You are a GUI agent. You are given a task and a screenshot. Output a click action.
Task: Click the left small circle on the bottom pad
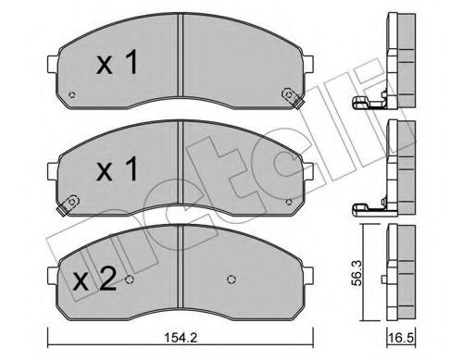pyautogui.click(x=131, y=282)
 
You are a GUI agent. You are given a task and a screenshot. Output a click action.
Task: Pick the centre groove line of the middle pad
pyautogui.click(x=179, y=171)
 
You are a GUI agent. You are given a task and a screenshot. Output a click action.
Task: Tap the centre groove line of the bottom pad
pyautogui.click(x=179, y=273)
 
